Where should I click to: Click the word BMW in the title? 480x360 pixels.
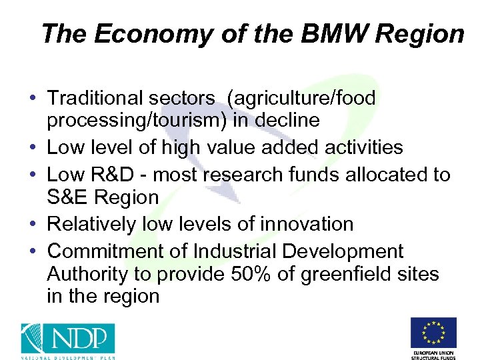pos(328,34)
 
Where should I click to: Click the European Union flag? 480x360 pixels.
pos(433,333)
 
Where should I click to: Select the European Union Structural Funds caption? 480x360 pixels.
pos(433,354)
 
